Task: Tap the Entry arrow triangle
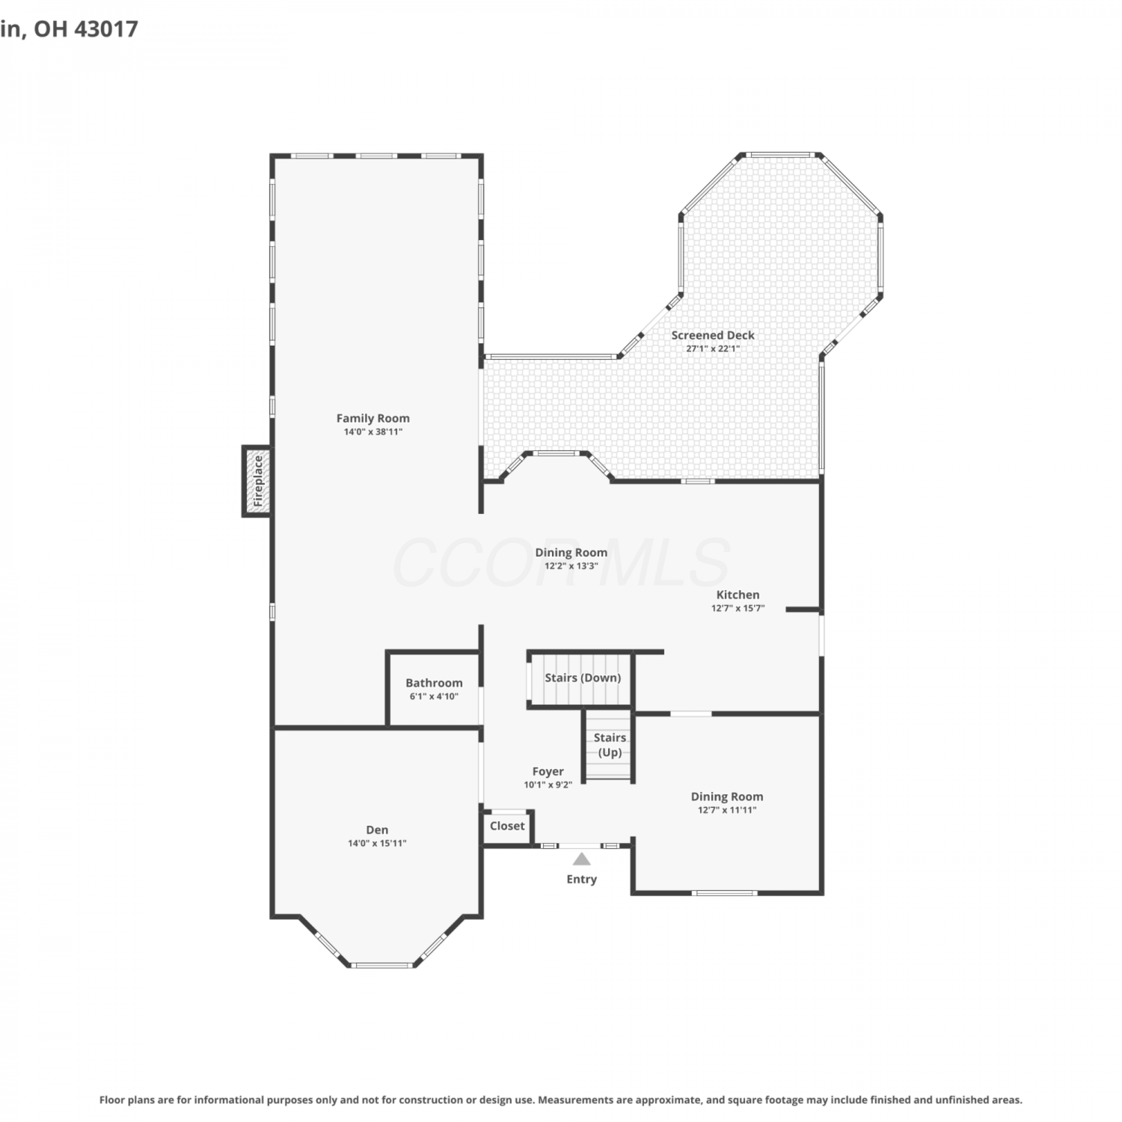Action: point(581,859)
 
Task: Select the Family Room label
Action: point(373,418)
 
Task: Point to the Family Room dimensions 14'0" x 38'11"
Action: point(373,432)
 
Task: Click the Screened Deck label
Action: point(713,335)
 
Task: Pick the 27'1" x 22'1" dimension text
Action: point(713,349)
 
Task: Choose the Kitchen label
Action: point(738,595)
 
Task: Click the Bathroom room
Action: point(434,689)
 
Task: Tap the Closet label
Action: point(507,826)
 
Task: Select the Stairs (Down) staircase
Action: point(581,679)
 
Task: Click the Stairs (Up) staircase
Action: point(609,746)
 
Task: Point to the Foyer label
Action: point(548,771)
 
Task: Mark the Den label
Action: point(377,830)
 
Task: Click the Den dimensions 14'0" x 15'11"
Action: point(377,843)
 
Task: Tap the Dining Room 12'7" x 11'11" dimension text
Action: point(727,810)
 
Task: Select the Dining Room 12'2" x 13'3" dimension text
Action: point(571,566)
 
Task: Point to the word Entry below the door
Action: point(581,879)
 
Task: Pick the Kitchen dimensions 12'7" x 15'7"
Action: point(738,608)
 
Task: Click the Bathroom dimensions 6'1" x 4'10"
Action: point(434,696)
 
